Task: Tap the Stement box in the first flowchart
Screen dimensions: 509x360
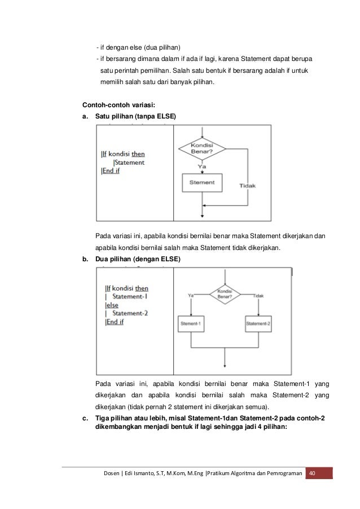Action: click(202, 183)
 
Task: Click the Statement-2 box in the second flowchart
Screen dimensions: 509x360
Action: click(258, 323)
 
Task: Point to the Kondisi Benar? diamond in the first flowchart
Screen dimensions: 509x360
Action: click(202, 148)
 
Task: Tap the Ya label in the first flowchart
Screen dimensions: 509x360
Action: click(201, 167)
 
